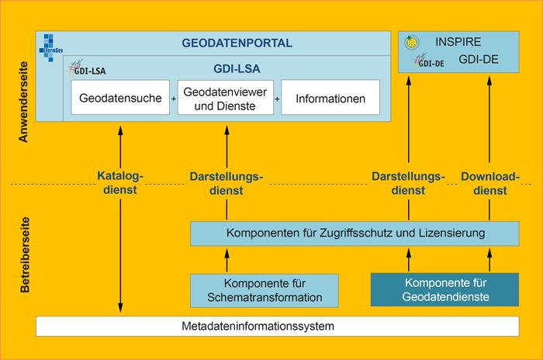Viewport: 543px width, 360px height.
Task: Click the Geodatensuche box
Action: (x=120, y=99)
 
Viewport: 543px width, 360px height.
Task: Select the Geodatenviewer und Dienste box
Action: (x=227, y=99)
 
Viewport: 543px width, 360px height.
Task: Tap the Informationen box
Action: (x=330, y=99)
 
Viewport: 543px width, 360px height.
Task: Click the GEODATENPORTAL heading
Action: (x=237, y=43)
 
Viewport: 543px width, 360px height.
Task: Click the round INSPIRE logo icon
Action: (x=414, y=43)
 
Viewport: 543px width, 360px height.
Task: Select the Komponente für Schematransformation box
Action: (x=265, y=289)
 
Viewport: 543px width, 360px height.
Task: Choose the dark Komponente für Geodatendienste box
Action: (x=444, y=289)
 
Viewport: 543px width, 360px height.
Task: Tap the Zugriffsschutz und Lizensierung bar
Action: (x=355, y=233)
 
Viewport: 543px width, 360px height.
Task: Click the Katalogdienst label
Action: (x=121, y=182)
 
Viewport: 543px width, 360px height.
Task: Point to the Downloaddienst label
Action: (x=489, y=182)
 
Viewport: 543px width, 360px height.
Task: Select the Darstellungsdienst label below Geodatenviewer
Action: (x=227, y=182)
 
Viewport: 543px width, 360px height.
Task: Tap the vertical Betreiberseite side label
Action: (x=23, y=258)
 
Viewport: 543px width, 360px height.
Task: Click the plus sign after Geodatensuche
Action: (x=173, y=99)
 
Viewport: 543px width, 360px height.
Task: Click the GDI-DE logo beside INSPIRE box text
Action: (x=429, y=61)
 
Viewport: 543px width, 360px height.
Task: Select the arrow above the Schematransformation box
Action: (x=227, y=260)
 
